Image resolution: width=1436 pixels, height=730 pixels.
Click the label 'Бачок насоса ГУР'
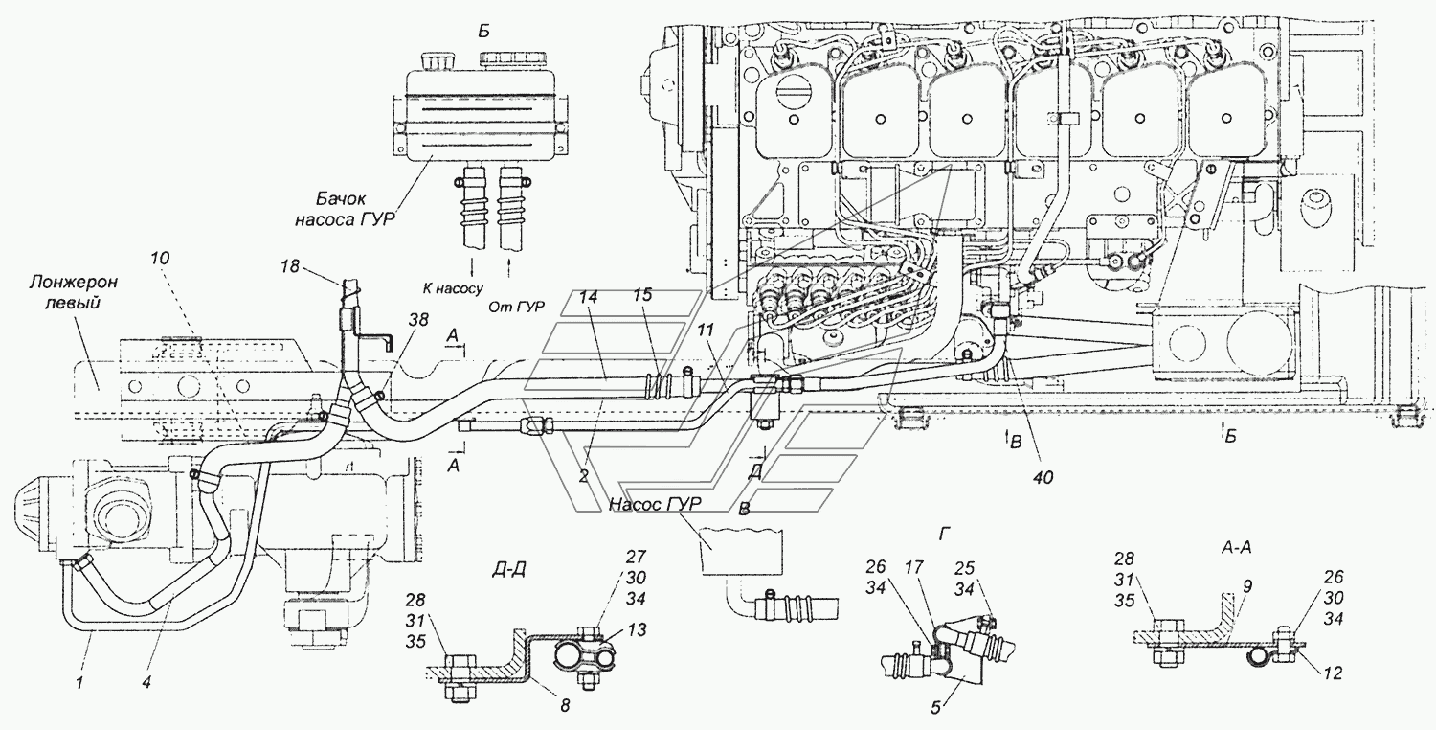tap(345, 209)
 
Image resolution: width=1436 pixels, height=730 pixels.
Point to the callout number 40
tap(1043, 478)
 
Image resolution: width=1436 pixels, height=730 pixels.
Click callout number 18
tap(290, 265)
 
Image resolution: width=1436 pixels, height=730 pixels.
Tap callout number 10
tap(160, 259)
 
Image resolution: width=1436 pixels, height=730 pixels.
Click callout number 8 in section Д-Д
tap(564, 706)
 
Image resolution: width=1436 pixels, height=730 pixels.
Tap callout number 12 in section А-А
tap(1332, 673)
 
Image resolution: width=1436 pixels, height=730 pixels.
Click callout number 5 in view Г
tap(935, 708)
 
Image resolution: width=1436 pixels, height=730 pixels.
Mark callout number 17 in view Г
tap(914, 568)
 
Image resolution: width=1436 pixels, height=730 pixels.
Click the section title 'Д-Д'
tap(510, 570)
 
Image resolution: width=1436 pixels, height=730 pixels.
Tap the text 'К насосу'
tap(453, 288)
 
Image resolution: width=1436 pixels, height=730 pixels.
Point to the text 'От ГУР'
tap(516, 308)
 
